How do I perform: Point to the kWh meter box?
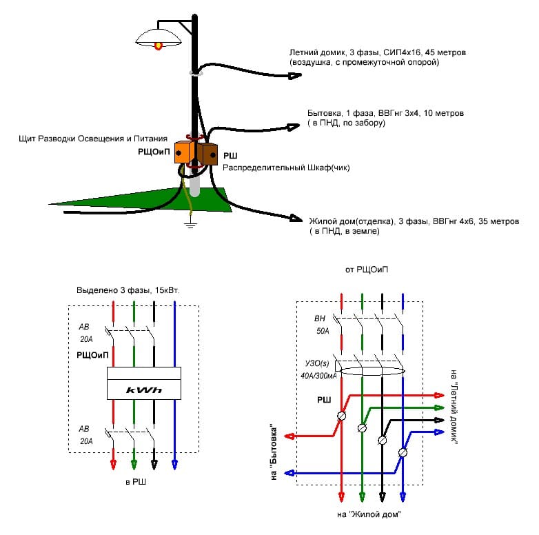pos(143,383)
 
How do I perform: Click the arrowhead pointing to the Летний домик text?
pos(296,75)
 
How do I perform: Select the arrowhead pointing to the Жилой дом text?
pos(296,219)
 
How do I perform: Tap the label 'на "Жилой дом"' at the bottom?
pos(369,514)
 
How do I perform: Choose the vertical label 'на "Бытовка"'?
pos(278,452)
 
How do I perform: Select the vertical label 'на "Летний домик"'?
pos(454,411)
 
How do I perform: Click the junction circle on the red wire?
pos(341,416)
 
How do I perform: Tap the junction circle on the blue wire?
pos(403,452)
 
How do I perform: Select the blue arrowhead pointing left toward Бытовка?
pos(289,474)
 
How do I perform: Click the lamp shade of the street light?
pos(159,37)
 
